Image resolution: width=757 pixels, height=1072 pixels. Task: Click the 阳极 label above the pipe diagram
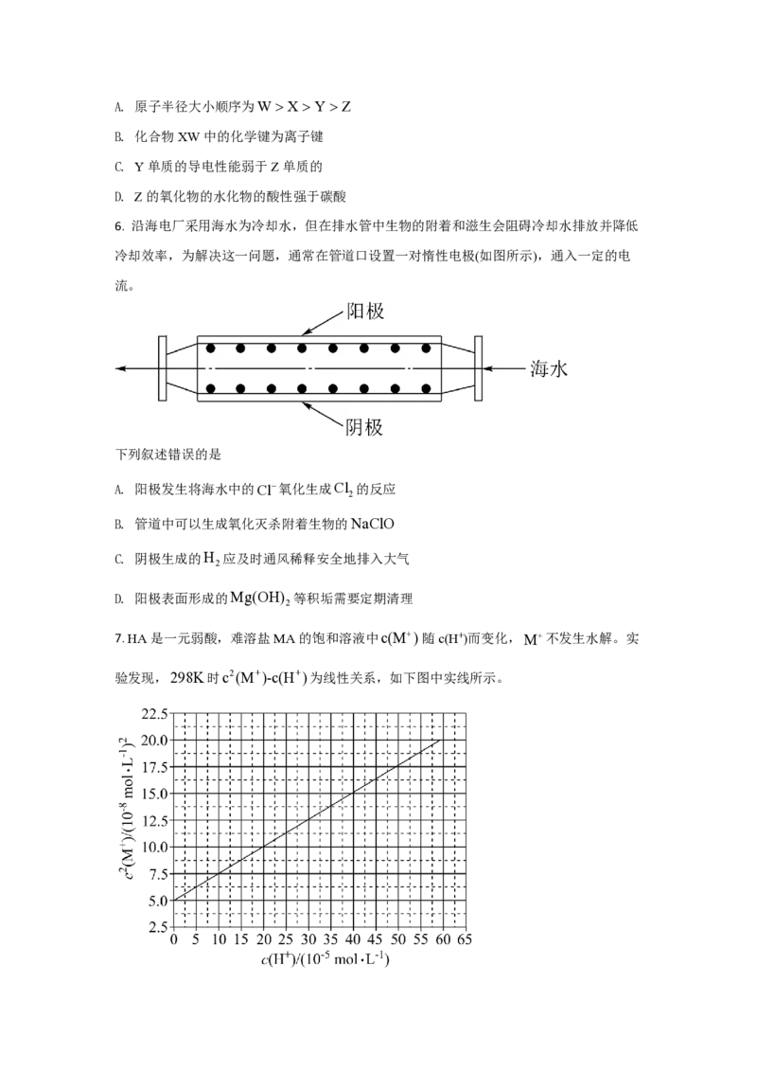click(365, 312)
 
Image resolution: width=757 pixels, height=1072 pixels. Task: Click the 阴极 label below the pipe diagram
click(364, 427)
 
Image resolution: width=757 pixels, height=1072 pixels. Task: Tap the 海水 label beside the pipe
click(549, 369)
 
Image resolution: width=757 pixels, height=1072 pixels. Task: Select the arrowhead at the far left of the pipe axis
click(121, 368)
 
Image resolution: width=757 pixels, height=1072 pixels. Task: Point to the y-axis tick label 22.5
click(154, 714)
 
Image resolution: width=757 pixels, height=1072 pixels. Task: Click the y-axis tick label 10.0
click(154, 847)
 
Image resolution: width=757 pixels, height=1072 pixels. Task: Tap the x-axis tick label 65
click(465, 939)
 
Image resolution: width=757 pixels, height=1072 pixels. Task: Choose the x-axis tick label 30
click(308, 939)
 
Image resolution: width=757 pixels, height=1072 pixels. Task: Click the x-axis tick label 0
click(173, 939)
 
